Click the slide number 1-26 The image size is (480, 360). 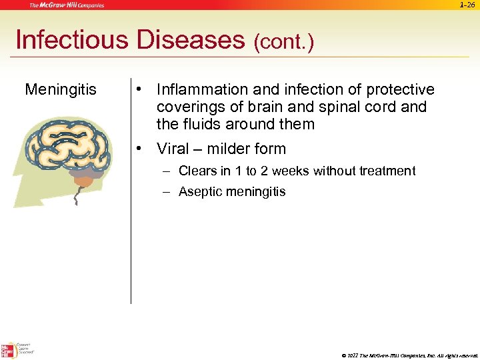pos(468,5)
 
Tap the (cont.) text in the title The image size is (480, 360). pos(283,43)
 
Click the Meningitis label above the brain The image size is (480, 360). pos(61,89)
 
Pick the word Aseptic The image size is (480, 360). pos(200,192)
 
